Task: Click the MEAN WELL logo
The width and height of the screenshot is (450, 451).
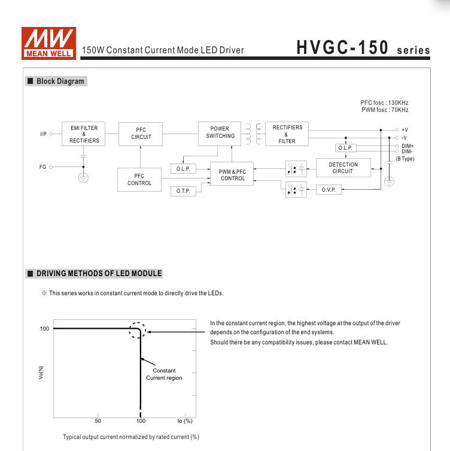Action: [48, 43]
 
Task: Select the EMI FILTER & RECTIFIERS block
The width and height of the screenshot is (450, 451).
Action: [84, 134]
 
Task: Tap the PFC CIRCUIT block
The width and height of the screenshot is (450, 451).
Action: [141, 134]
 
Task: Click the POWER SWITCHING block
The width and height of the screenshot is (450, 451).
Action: [220, 132]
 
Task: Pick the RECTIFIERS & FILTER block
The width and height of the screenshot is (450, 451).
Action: [287, 134]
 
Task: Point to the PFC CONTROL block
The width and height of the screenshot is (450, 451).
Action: [139, 180]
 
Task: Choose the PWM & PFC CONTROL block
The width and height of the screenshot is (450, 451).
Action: [233, 175]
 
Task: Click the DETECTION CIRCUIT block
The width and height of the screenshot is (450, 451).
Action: [343, 168]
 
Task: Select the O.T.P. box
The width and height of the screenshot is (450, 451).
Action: [183, 191]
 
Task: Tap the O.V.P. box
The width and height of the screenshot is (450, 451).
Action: [329, 190]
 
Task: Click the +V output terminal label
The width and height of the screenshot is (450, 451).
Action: [405, 129]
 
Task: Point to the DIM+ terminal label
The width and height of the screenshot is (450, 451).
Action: [408, 146]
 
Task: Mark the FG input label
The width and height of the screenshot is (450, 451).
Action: [42, 167]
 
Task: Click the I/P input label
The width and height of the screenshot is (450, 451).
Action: [43, 134]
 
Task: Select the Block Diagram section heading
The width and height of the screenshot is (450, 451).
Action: [60, 81]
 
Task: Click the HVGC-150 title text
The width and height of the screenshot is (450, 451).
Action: [342, 48]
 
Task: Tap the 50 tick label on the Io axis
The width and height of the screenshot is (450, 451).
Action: [98, 421]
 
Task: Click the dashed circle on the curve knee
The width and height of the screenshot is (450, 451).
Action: [138, 331]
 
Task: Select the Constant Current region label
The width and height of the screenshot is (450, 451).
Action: [164, 374]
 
